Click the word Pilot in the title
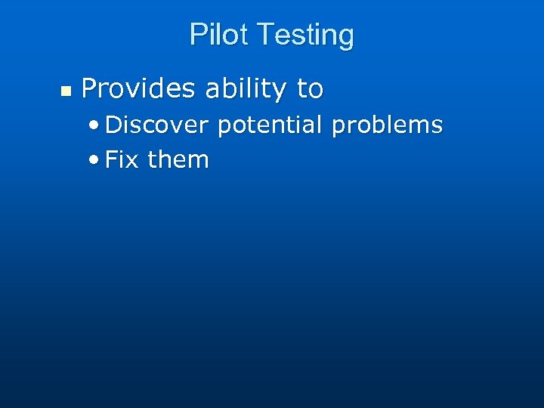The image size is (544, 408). coord(220,35)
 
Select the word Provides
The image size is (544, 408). coord(138,89)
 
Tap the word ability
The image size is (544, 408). coord(246,90)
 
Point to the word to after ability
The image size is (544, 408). coord(310,89)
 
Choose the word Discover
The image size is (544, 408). coord(156,125)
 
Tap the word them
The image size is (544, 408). coord(178,159)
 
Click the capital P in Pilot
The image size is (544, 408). coord(196,35)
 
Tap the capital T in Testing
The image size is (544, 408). coord(264,35)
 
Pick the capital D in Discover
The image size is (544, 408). coord(113,125)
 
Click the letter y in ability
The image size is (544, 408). coord(280,92)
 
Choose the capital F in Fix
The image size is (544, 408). coord(111,159)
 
